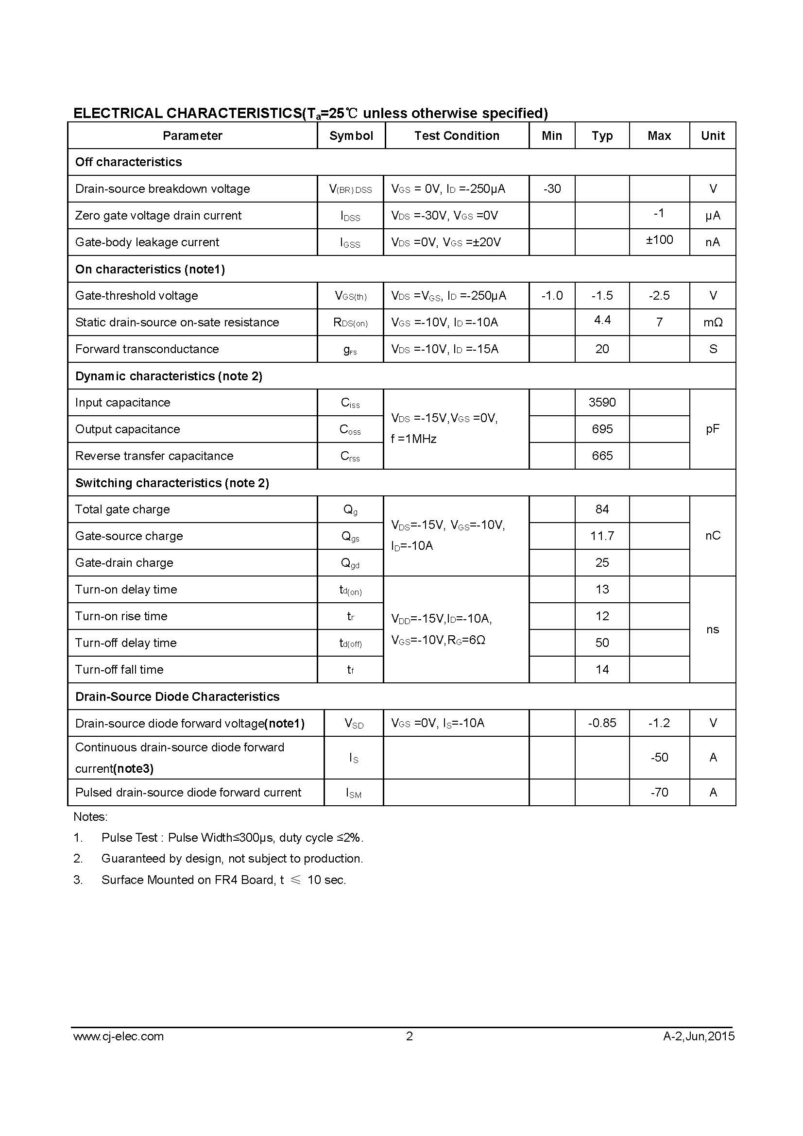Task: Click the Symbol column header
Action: pyautogui.click(x=351, y=136)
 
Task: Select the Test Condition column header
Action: pyautogui.click(x=457, y=136)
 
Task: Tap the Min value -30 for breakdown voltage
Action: pyautogui.click(x=552, y=188)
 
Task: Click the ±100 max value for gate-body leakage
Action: pyautogui.click(x=659, y=240)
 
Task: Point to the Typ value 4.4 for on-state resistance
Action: pyautogui.click(x=602, y=320)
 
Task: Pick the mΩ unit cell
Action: pyautogui.click(x=713, y=322)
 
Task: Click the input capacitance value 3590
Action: pyautogui.click(x=602, y=402)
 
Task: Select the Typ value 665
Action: pyautogui.click(x=602, y=456)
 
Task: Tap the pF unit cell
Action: pyautogui.click(x=713, y=429)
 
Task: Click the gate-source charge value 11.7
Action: pyautogui.click(x=602, y=536)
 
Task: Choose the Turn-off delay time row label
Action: pyautogui.click(x=126, y=643)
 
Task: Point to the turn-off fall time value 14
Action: pyautogui.click(x=602, y=669)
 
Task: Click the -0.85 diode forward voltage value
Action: pyautogui.click(x=602, y=723)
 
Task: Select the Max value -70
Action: pyautogui.click(x=659, y=792)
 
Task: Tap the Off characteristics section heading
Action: pyautogui.click(x=129, y=162)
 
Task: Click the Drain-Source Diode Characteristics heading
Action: pyautogui.click(x=177, y=696)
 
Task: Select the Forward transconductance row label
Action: pyautogui.click(x=147, y=349)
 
